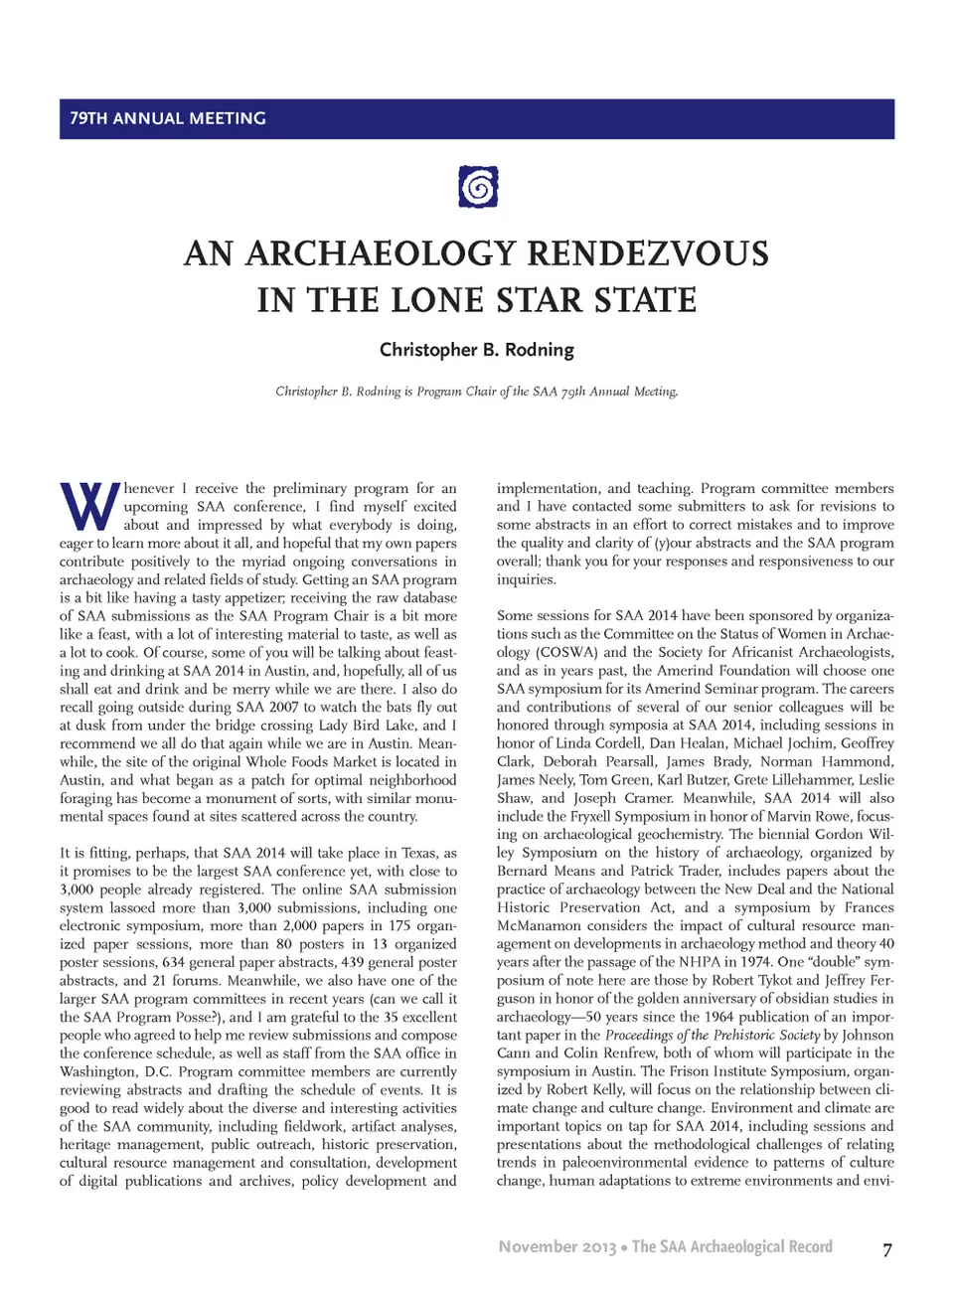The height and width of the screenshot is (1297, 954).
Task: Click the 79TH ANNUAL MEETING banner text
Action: pyautogui.click(x=168, y=118)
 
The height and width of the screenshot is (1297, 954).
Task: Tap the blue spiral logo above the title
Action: pyautogui.click(x=478, y=187)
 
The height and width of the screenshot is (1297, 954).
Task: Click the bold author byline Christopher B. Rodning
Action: pyautogui.click(x=477, y=350)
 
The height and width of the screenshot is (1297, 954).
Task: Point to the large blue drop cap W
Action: pyautogui.click(x=89, y=507)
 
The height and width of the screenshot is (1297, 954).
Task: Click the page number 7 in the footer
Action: pyautogui.click(x=887, y=1249)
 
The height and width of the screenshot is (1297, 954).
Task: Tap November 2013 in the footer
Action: pyautogui.click(x=556, y=1247)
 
